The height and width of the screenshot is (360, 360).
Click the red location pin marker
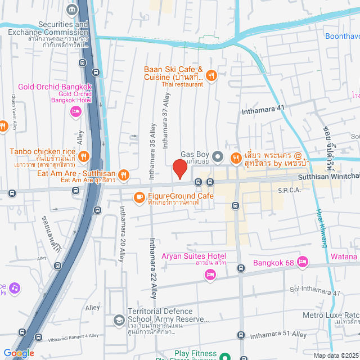[179, 168]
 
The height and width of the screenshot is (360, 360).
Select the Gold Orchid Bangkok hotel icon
[75, 112]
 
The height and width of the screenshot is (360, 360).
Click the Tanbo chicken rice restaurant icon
[83, 156]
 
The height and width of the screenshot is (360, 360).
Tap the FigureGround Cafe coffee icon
[138, 196]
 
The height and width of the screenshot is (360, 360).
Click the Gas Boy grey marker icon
[220, 155]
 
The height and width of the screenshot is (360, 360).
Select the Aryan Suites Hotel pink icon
[210, 274]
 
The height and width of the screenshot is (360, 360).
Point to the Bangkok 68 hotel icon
[303, 261]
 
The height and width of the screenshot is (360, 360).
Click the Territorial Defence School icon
[119, 320]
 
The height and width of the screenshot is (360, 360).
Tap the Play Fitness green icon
[224, 356]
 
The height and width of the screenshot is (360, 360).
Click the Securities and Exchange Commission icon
[72, 9]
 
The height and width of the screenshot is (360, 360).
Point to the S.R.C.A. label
[290, 191]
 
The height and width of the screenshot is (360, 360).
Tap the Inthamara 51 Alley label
[278, 334]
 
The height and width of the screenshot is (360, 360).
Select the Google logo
[19, 353]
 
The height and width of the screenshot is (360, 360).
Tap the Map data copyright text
[335, 355]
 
